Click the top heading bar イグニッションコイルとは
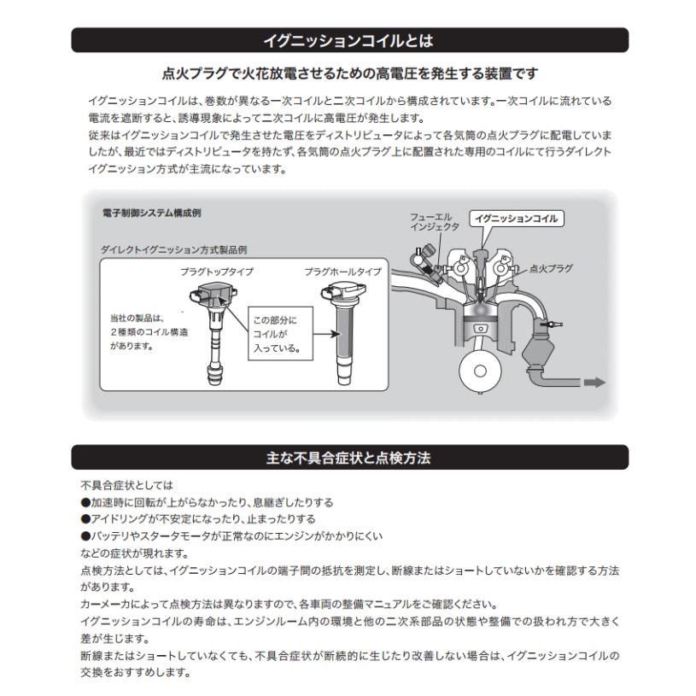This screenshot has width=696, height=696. (x=348, y=39)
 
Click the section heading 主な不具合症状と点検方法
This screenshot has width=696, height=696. (x=348, y=458)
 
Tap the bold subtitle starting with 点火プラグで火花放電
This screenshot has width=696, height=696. (x=348, y=73)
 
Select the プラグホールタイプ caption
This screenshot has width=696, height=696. (x=342, y=271)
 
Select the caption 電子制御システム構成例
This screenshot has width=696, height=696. (x=151, y=212)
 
